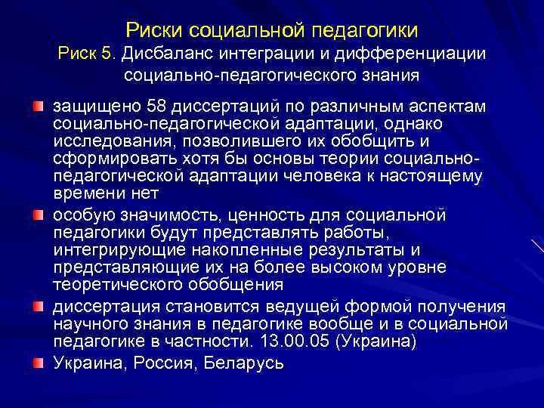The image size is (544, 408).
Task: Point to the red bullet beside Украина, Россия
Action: tap(37, 362)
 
